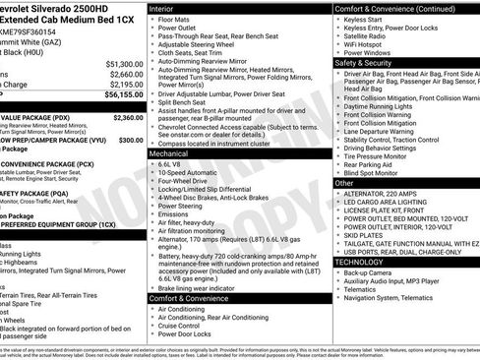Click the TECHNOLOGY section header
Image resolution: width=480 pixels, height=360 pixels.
tap(364, 262)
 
